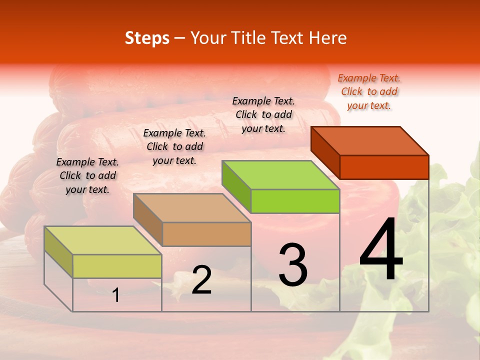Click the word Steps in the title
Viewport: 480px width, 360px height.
(147, 38)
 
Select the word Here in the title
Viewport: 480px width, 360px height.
(327, 38)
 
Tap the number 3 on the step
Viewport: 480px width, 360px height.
(293, 265)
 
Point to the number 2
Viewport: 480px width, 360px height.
(201, 280)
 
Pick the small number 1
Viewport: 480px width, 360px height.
(115, 295)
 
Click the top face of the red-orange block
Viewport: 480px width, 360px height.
(370, 140)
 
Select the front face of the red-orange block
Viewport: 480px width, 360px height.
(384, 167)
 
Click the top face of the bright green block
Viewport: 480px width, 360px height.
(280, 174)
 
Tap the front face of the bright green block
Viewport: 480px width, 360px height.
(295, 201)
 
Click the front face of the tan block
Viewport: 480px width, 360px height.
(206, 234)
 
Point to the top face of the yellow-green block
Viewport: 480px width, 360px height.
(102, 240)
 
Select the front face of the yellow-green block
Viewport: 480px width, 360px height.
(117, 266)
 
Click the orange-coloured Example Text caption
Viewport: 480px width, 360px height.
(369, 91)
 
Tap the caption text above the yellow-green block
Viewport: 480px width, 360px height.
(87, 175)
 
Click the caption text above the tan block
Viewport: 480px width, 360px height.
(174, 146)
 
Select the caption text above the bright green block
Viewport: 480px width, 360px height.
(263, 114)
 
